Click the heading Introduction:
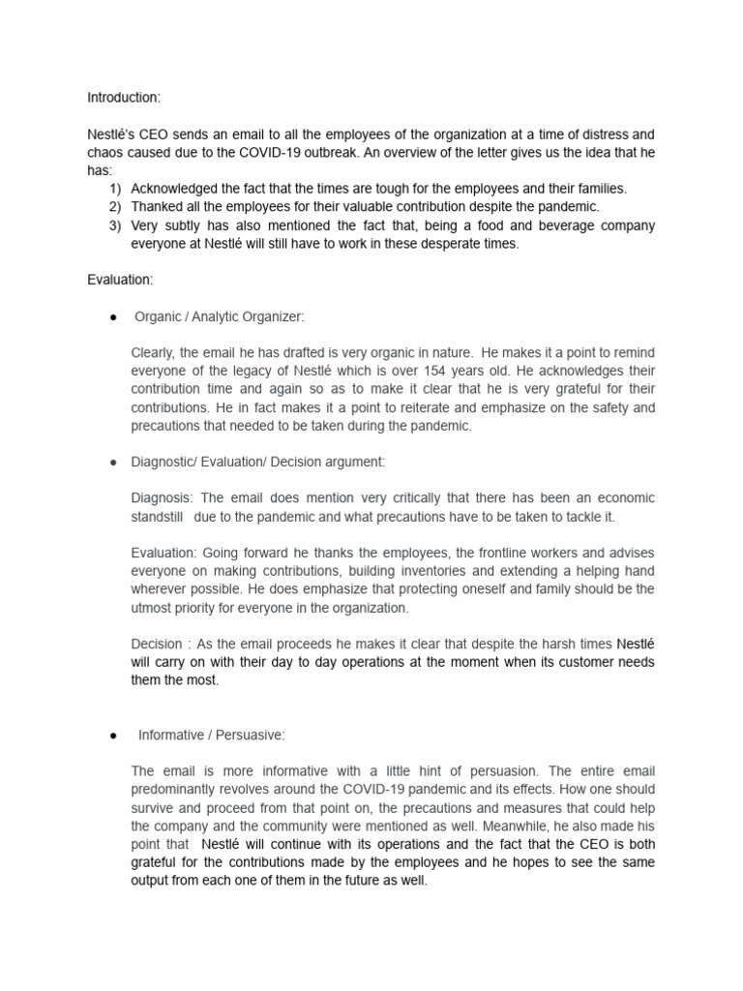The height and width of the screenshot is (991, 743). click(125, 98)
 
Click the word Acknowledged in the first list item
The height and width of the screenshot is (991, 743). click(177, 189)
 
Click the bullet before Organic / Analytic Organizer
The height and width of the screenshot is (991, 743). click(113, 316)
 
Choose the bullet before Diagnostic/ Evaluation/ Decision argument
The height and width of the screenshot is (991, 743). click(113, 463)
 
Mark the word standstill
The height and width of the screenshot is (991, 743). click(158, 516)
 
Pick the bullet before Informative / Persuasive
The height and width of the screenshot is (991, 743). click(113, 736)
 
